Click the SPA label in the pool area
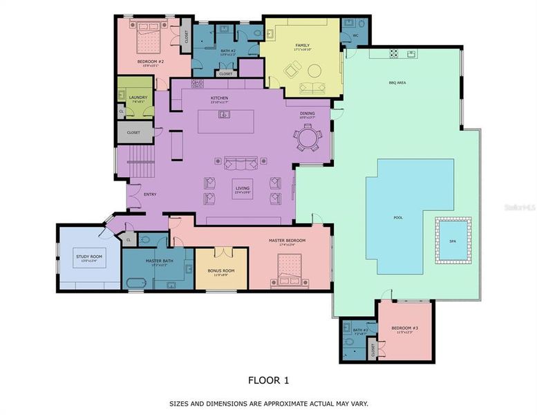(453, 241)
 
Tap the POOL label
(398, 218)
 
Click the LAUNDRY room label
(138, 98)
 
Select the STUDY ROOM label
(89, 257)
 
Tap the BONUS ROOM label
(220, 271)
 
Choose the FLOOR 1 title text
(268, 380)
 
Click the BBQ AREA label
(398, 82)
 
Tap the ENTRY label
(150, 194)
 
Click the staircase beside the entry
(140, 165)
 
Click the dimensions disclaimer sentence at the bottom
(268, 403)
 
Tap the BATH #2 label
(229, 50)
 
